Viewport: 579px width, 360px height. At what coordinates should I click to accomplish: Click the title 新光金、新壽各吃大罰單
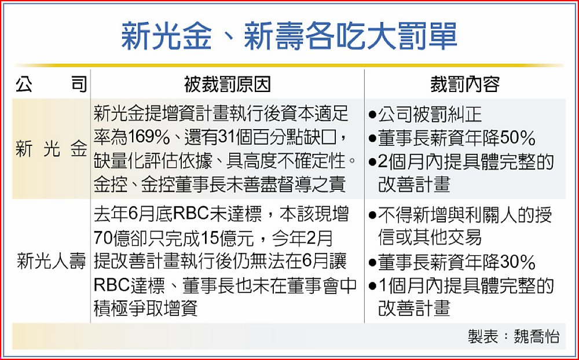click(289, 36)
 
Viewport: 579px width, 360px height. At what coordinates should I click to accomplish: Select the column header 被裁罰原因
click(227, 85)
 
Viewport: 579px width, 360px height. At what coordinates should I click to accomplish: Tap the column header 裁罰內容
click(465, 85)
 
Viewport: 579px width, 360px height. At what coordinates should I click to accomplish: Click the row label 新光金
click(52, 149)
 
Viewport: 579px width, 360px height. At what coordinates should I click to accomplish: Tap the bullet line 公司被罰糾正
click(425, 115)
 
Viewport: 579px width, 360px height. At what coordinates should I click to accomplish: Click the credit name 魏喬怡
click(537, 336)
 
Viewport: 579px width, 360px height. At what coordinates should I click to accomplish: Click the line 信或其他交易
click(430, 238)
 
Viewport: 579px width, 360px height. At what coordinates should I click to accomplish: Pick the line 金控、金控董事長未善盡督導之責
click(219, 184)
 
